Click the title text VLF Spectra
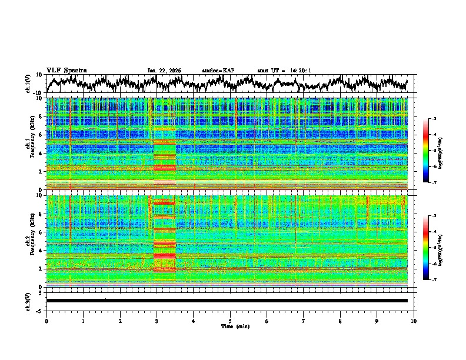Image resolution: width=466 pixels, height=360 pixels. point(66,70)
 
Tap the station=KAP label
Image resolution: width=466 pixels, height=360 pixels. point(218,70)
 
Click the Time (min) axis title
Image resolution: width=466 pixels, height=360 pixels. point(230,326)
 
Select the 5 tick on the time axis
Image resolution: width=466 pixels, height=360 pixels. point(230,321)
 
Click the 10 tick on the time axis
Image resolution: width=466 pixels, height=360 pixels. point(414,321)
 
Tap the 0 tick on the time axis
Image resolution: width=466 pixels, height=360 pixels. point(46,321)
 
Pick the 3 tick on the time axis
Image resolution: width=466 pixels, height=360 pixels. point(157,321)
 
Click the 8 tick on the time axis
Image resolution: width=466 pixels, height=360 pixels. point(340,321)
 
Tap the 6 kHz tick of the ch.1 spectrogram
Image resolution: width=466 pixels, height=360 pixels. point(41,135)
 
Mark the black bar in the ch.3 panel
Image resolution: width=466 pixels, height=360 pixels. point(227,301)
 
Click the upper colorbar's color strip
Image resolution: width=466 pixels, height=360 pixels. point(426,151)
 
